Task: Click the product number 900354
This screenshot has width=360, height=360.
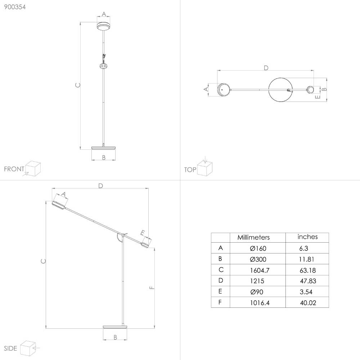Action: coord(15,7)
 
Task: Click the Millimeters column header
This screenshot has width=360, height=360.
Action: coord(253,237)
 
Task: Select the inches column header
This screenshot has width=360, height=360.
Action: coord(307,237)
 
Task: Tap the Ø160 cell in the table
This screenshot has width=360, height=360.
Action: coord(258,248)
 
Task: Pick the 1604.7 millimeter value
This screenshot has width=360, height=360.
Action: coord(260,270)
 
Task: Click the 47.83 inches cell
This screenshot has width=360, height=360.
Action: coord(308,281)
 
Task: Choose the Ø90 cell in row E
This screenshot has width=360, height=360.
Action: coord(257,292)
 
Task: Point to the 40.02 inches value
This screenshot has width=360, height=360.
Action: coord(308,303)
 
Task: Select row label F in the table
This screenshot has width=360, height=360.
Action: coord(220,302)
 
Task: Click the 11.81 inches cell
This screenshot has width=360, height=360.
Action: coord(306,259)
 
